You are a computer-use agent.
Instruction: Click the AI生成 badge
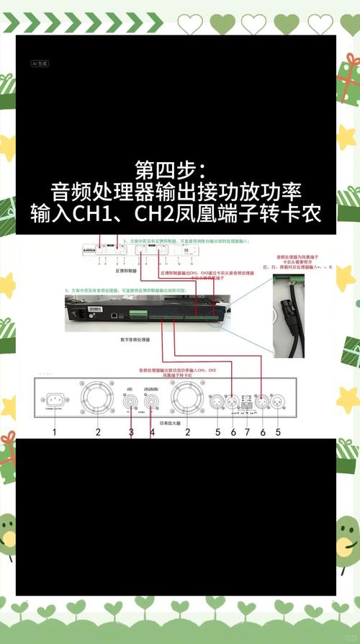pos(39,63)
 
